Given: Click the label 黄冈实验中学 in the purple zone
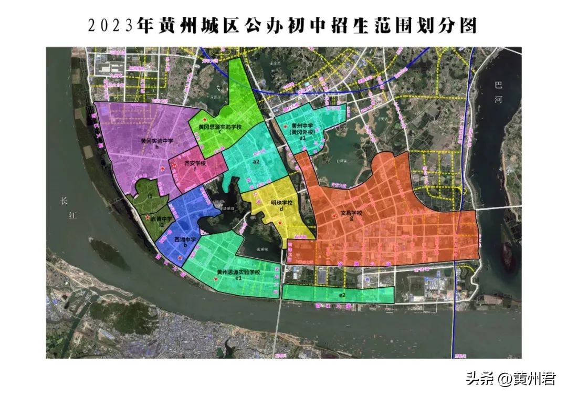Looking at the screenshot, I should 157,141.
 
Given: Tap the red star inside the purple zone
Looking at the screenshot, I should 163,168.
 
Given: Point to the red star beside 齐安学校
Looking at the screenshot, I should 174,165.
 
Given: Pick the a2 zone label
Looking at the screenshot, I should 256,162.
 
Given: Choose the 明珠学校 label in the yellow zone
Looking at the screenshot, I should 282,203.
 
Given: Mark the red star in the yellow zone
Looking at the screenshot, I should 280,223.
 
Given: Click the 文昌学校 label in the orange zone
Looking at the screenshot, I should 351,214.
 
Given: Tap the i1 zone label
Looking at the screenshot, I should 150,196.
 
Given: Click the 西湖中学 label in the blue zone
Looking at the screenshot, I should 185,239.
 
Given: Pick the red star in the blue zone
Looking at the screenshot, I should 180,257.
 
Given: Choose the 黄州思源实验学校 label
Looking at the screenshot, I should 238,272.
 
